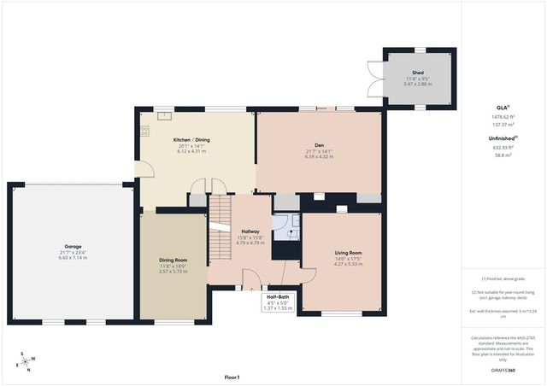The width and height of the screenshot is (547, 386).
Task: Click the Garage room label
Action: (x=72, y=246)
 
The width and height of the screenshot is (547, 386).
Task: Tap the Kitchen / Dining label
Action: (x=191, y=139)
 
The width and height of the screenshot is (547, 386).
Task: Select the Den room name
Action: (x=317, y=144)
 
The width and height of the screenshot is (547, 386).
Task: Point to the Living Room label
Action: (x=348, y=253)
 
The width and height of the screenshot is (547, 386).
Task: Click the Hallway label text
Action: (x=250, y=231)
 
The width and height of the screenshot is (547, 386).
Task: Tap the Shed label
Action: (x=418, y=73)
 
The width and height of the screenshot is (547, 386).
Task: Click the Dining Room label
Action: (x=173, y=260)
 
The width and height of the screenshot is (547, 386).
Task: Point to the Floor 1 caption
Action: (x=232, y=377)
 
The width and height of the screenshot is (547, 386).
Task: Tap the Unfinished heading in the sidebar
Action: (x=501, y=137)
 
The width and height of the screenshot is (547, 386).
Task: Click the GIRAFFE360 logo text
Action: (x=503, y=370)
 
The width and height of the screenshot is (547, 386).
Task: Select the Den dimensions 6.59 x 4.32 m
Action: (x=317, y=156)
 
